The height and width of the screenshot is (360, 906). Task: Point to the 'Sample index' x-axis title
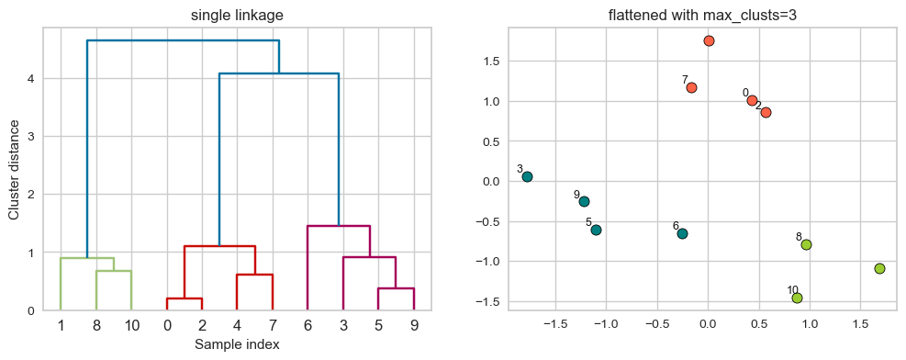(236, 344)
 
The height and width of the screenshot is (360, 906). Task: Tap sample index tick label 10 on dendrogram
(131, 325)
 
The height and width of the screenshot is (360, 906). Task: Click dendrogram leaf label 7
(273, 325)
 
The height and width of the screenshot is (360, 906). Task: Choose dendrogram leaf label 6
(308, 325)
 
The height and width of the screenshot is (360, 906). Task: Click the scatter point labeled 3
(527, 176)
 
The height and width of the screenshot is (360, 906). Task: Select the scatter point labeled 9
(584, 201)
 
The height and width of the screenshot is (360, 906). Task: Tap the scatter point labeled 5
(596, 230)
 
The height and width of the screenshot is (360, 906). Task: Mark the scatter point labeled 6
(682, 233)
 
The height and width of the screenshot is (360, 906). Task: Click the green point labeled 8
(806, 244)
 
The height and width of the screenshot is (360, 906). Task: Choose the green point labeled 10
(797, 298)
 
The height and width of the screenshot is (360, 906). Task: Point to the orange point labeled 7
(691, 87)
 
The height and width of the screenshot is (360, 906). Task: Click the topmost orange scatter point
(709, 40)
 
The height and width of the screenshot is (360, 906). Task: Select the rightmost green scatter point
(879, 268)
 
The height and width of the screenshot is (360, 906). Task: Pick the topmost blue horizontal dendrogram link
(183, 40)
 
